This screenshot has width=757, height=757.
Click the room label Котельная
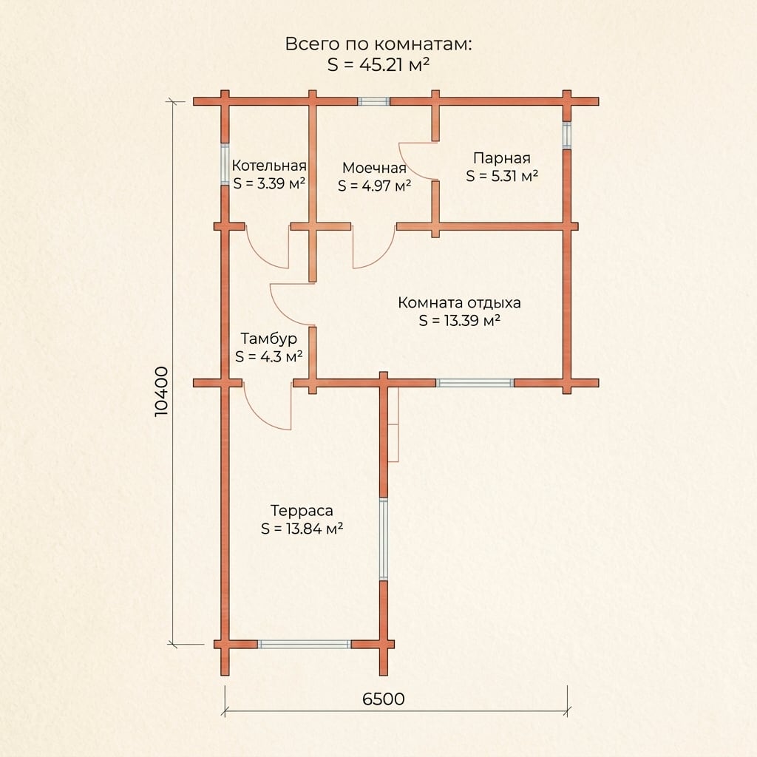(269, 166)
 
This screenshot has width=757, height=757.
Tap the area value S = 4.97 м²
(374, 186)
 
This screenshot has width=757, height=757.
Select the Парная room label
(502, 158)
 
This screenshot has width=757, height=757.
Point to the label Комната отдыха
(459, 302)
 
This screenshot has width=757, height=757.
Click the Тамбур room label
(268, 339)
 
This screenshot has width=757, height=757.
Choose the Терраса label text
(302, 510)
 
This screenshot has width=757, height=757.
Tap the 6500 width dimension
(384, 699)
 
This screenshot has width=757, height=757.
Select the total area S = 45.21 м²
(378, 65)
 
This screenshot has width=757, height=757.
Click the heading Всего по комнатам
(378, 44)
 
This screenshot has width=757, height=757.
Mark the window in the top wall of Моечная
(373, 101)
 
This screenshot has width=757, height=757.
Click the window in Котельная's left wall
(225, 163)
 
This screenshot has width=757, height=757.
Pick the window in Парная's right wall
(567, 135)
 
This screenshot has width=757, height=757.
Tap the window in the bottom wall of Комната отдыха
(475, 383)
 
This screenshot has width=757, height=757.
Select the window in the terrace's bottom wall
(304, 644)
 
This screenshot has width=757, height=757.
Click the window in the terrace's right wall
(384, 539)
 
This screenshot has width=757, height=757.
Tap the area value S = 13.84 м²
(302, 529)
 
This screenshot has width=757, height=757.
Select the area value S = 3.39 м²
(269, 184)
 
